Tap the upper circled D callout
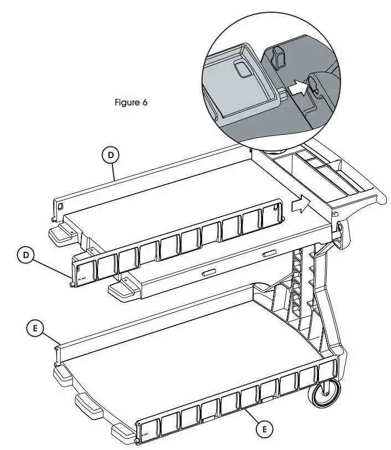[111, 156]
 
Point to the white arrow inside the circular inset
[297, 87]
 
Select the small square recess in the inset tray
[243, 69]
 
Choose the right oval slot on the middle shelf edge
[269, 254]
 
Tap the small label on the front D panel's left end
[80, 272]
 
